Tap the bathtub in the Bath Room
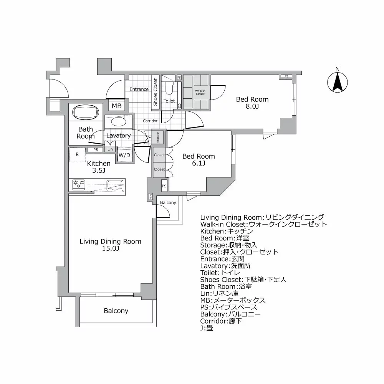[85, 113]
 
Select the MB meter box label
[116, 106]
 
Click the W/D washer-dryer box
[124, 155]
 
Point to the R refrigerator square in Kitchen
[77, 155]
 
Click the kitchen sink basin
[114, 185]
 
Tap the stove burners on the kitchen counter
[79, 184]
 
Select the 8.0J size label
[252, 106]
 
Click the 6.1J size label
[199, 164]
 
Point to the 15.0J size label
[110, 248]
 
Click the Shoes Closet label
[156, 92]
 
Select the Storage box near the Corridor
[158, 137]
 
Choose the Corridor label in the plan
[150, 121]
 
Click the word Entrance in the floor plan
[139, 89]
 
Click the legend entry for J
[207, 328]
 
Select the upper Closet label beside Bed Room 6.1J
[159, 155]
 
